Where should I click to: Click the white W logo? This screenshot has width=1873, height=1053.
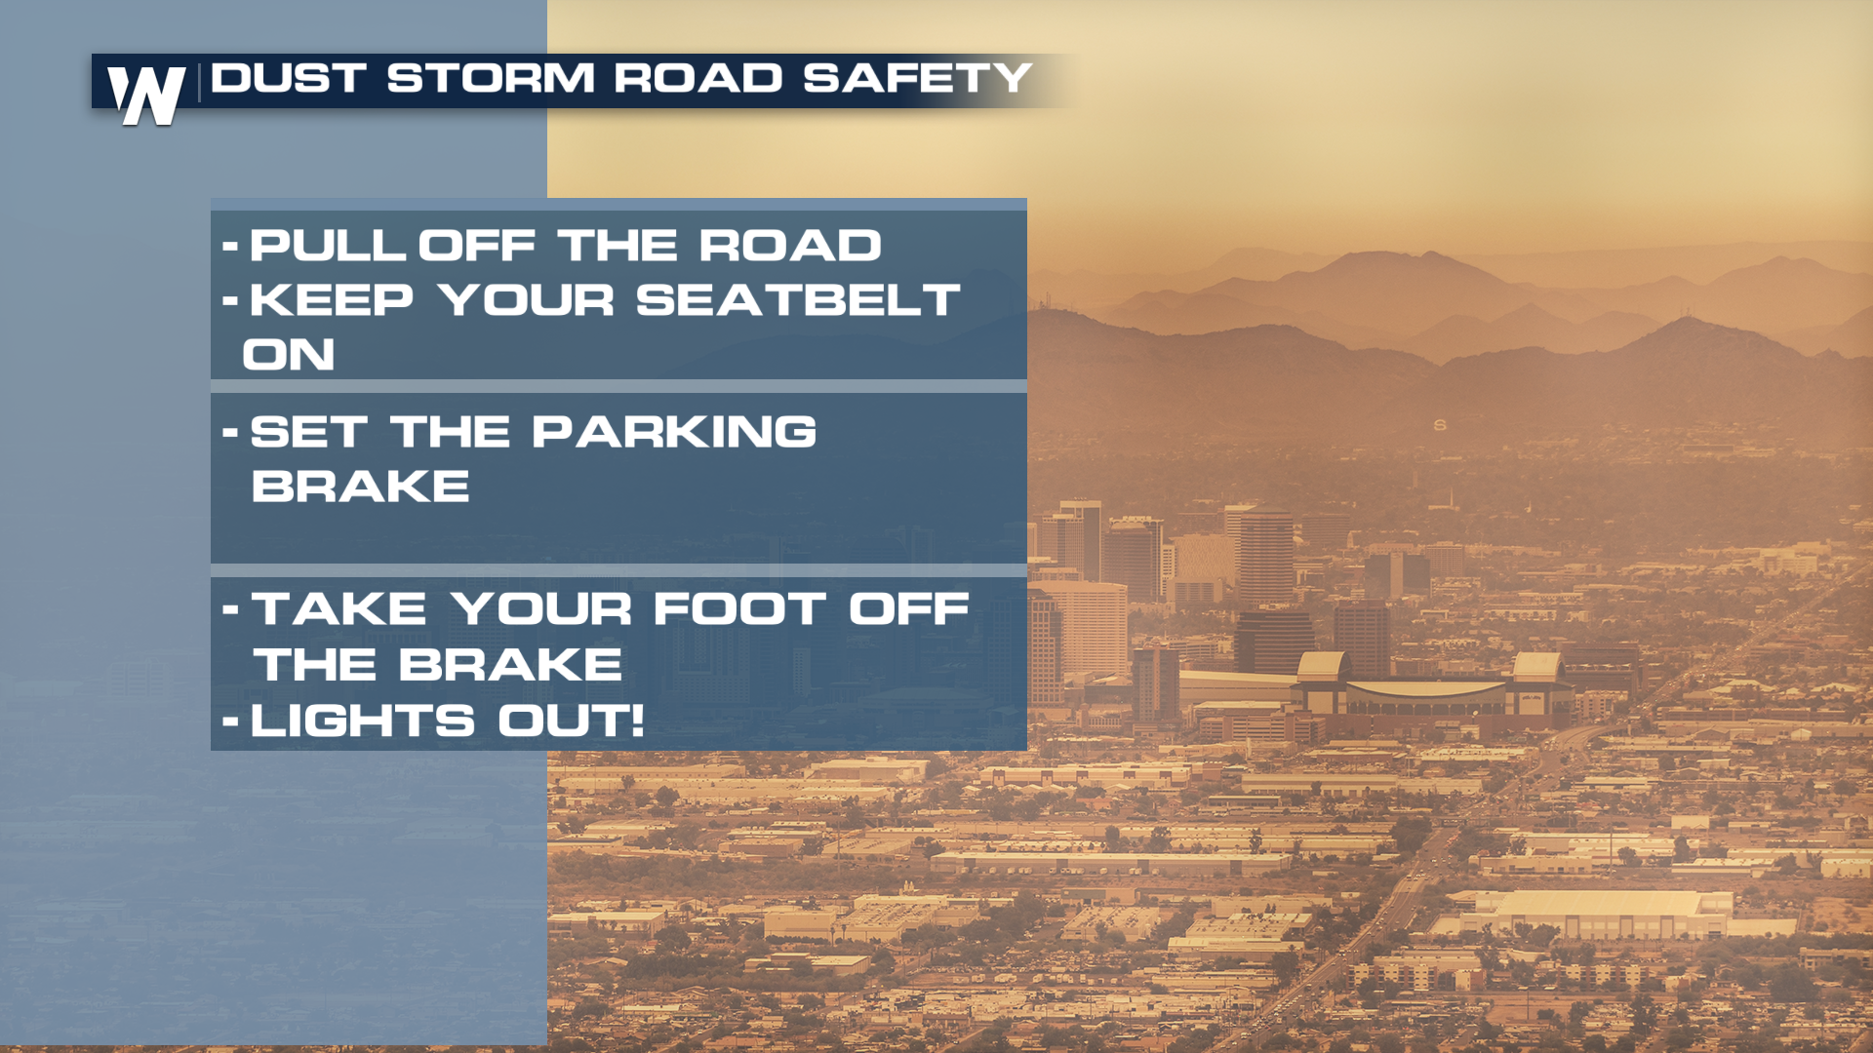146,95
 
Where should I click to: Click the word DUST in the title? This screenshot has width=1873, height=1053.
289,78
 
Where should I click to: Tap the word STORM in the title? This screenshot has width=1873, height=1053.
491,78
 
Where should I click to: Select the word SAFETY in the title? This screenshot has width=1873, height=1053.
917,78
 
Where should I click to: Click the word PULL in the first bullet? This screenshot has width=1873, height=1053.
328,246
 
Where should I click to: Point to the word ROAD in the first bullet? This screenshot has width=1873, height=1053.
790,246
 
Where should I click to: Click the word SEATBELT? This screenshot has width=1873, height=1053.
798,300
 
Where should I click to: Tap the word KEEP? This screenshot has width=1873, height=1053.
332,300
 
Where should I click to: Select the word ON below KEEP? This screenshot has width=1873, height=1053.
289,355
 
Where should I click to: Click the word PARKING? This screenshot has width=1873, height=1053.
674,432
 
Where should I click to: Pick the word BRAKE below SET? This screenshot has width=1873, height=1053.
360,487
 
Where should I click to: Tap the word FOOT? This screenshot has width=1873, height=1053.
739,609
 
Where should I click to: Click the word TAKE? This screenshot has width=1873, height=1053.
339,609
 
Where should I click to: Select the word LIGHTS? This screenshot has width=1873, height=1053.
363,721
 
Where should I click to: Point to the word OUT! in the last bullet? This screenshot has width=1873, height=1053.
571,721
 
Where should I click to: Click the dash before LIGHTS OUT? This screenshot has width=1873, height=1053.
230,722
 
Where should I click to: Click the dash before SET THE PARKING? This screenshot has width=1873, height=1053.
230,432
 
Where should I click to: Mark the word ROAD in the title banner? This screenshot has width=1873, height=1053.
698,78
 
